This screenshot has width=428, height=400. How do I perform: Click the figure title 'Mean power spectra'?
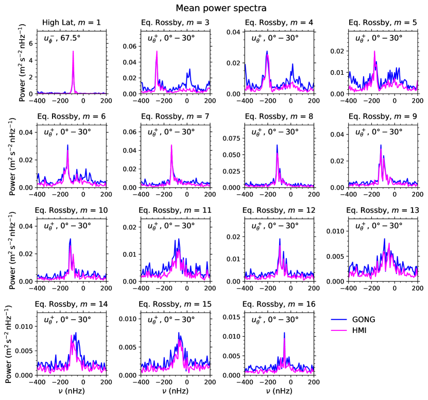click(x=221, y=8)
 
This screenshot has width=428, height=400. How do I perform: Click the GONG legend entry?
click(x=353, y=320)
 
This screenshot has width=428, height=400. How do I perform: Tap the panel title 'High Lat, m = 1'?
click(x=72, y=22)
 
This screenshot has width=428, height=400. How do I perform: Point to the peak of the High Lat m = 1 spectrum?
click(x=73, y=51)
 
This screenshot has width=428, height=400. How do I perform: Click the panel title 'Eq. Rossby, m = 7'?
click(x=175, y=116)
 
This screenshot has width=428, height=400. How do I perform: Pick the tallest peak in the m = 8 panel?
click(x=277, y=145)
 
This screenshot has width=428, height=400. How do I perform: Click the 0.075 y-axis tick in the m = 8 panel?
click(x=231, y=138)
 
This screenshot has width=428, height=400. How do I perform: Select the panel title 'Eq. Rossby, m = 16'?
click(x=279, y=304)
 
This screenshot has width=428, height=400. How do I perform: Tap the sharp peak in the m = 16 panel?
click(x=284, y=332)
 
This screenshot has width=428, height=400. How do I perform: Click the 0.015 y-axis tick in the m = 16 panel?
click(x=231, y=317)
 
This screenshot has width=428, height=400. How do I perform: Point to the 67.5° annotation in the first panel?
click(x=71, y=38)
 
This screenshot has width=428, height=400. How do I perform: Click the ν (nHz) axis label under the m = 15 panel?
click(x=175, y=391)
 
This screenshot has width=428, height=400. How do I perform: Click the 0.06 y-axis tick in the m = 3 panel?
click(x=129, y=46)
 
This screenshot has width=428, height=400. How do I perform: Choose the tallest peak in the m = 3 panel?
click(x=157, y=51)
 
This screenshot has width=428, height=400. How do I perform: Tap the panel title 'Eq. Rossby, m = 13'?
click(x=383, y=210)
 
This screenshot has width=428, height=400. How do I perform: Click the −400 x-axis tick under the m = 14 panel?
click(x=37, y=382)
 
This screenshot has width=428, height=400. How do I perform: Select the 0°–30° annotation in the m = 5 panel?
click(x=387, y=38)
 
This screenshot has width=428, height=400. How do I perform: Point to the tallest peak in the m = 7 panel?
click(x=172, y=145)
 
